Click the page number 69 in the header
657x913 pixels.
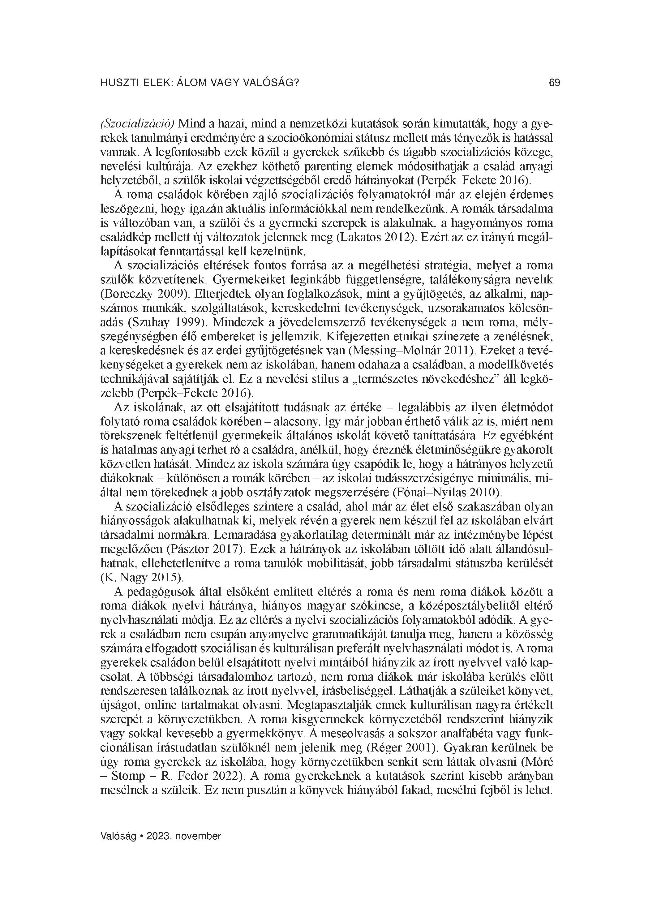[554, 83]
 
